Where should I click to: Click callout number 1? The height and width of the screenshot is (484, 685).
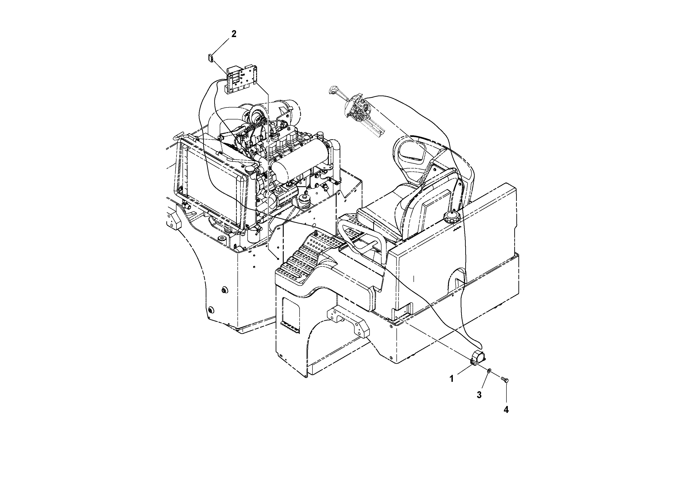tap(451, 379)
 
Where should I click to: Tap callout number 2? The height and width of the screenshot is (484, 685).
tap(234, 34)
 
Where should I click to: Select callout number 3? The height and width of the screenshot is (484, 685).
tap(479, 395)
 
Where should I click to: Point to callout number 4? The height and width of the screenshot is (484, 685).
tap(506, 410)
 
